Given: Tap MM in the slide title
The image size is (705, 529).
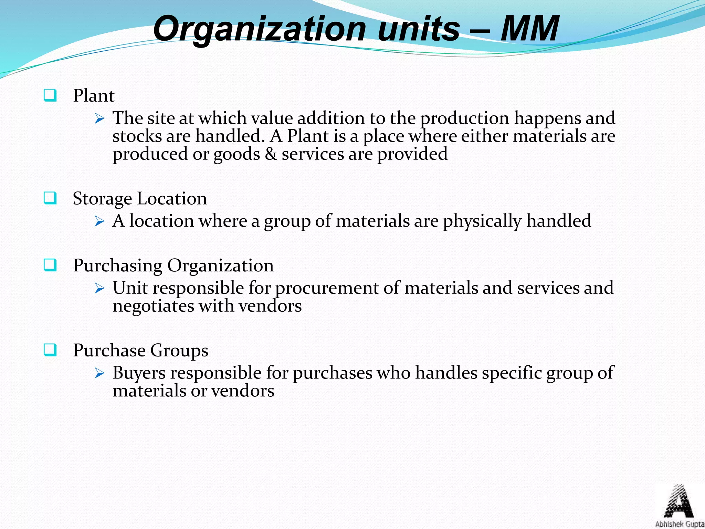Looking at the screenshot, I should point(529,29).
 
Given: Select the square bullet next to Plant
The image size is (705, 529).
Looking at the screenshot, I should point(50,95).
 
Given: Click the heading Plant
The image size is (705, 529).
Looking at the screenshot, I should point(94,96).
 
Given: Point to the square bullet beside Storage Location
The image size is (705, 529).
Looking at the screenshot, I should point(50,198).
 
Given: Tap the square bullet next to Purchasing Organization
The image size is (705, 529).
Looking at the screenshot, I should point(50,265).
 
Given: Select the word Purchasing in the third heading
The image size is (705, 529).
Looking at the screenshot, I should point(117,266).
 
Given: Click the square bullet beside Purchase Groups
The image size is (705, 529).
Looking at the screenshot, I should point(50,350).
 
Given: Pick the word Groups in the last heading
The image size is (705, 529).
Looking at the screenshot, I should point(179,351).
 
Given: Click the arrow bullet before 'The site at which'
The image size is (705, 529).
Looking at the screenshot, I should point(99,119).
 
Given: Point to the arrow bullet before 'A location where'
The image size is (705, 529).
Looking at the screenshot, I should point(99,221).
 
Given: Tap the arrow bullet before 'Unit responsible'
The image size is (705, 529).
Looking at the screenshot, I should point(99,289).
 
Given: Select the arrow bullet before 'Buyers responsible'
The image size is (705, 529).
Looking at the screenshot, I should point(99,373).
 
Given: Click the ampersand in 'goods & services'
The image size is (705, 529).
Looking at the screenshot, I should point(271,154).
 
